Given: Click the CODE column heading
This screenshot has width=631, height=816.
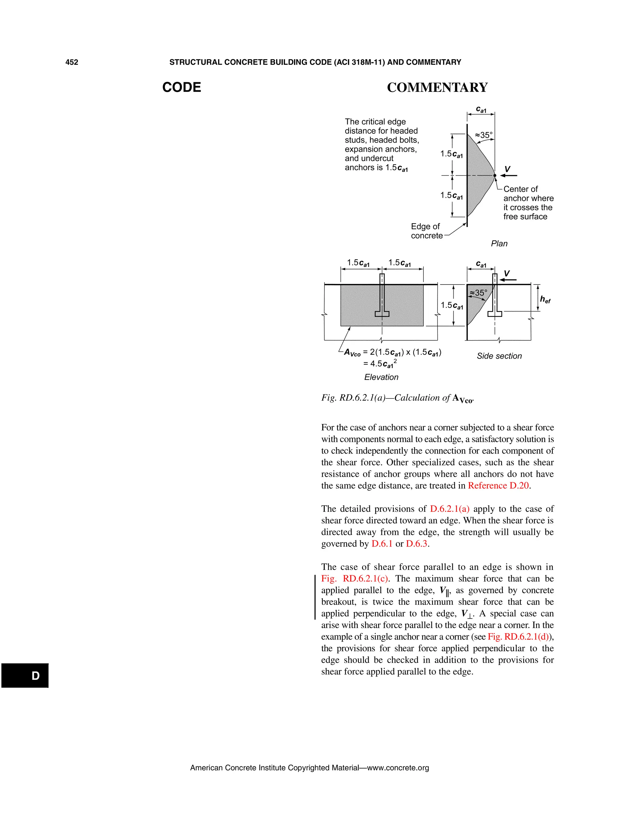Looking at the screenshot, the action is coord(182,87).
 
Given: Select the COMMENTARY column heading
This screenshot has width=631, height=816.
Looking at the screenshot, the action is coord(438,87).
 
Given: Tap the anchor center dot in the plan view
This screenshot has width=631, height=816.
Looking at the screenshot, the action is coord(495,175).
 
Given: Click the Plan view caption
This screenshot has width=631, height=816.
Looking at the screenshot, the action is coord(499,244).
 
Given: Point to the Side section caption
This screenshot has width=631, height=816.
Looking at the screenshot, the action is coord(499,356).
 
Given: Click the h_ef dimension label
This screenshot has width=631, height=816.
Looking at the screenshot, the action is coord(545,300).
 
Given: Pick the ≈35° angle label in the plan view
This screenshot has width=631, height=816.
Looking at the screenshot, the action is coord(484,135).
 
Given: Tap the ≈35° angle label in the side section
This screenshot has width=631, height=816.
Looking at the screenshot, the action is coord(478,293).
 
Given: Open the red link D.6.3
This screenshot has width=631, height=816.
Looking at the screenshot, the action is coord(417,544).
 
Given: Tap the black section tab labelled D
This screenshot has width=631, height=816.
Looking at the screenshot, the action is coord(25,676).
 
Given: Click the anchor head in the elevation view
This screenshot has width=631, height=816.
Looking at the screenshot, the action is coord(382,314).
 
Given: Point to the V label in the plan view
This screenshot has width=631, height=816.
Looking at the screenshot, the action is coord(507,169).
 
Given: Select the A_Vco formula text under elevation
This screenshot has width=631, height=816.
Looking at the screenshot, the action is coord(393,358).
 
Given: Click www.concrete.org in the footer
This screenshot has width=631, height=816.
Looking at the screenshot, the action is coord(398,768).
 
